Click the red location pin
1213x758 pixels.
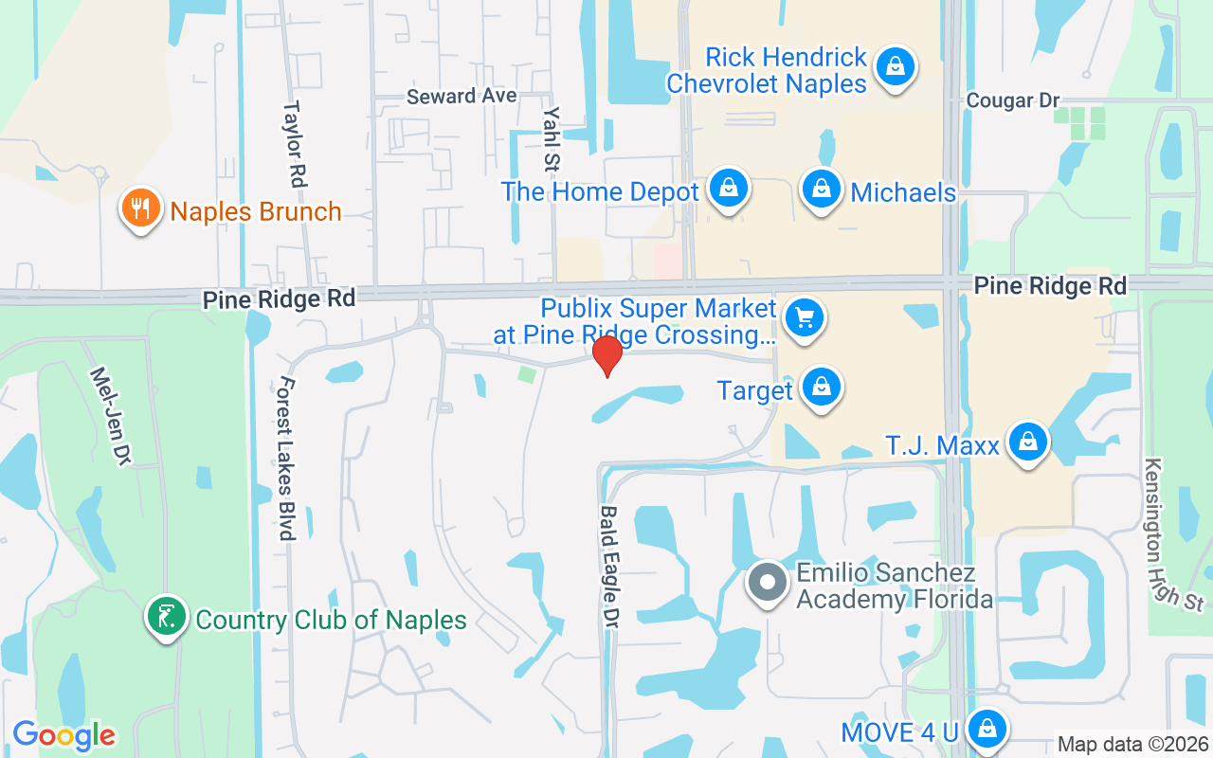[x=606, y=355]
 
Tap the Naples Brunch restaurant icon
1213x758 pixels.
[x=140, y=208]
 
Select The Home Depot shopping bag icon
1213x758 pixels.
[x=728, y=189]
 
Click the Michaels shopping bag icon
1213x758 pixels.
[x=822, y=189]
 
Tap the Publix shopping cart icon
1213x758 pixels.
[x=806, y=318]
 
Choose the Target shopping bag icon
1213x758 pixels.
[x=822, y=388]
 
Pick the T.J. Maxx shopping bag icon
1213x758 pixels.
[x=1026, y=442]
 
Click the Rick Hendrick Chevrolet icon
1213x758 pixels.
[x=893, y=67]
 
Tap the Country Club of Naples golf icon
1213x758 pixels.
[x=167, y=617]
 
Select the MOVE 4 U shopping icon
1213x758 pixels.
[x=987, y=730]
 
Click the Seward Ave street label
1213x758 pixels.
[x=462, y=97]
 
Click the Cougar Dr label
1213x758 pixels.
[x=1012, y=100]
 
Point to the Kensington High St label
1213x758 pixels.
[x=1172, y=534]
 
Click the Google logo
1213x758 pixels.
[x=64, y=735]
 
